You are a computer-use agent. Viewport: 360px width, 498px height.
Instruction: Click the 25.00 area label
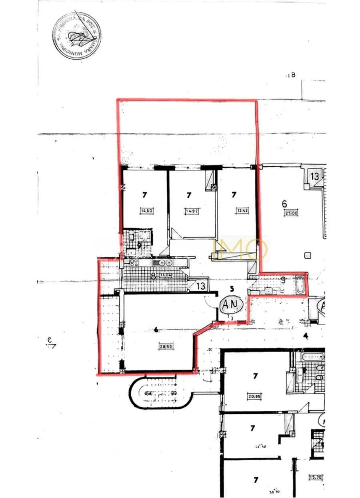[290, 213]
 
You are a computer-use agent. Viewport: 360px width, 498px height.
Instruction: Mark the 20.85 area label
[254, 396]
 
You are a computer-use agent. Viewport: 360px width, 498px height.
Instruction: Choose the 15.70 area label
[316, 476]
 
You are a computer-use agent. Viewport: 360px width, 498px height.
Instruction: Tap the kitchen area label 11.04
[165, 275]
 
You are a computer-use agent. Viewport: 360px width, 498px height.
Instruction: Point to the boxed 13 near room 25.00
[315, 176]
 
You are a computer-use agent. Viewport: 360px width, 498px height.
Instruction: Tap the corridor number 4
[306, 336]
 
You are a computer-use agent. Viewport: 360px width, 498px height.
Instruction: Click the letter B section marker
[293, 75]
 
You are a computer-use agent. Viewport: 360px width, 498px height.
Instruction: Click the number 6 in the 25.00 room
[284, 204]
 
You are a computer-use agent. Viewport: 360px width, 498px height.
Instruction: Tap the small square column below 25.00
[307, 255]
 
